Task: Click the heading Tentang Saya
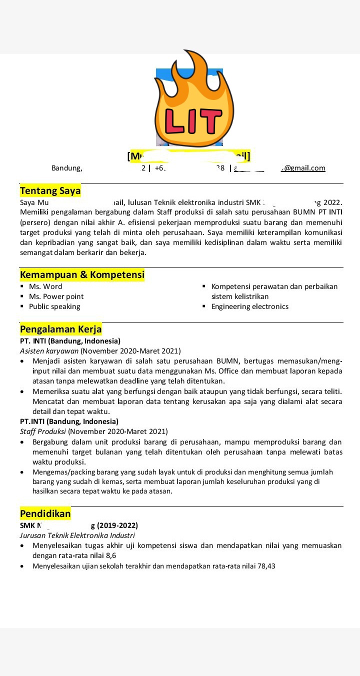(50, 190)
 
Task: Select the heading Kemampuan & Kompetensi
(82, 274)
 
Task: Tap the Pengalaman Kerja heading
(60, 329)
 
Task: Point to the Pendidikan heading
(45, 513)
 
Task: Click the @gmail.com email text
(305, 168)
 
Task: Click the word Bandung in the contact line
(66, 168)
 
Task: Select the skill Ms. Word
(45, 286)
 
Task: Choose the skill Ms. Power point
(56, 296)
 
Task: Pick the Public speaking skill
(54, 306)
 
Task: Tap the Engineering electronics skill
(249, 306)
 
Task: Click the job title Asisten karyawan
(49, 351)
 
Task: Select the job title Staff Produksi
(43, 431)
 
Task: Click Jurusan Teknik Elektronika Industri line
(77, 535)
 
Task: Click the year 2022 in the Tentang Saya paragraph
(332, 202)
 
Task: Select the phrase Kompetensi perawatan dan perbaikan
(274, 286)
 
